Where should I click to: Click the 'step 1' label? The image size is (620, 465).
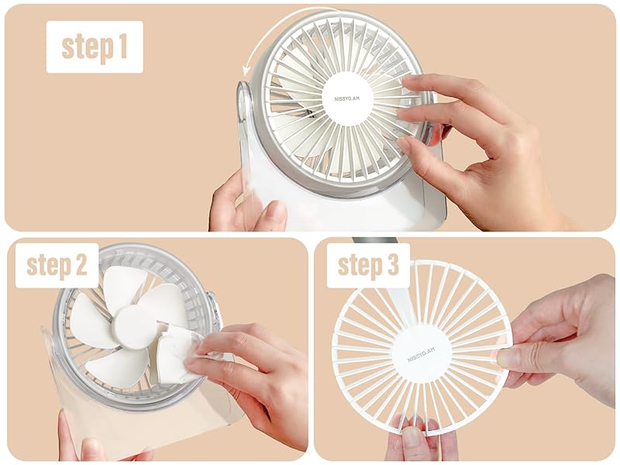coord(95,46)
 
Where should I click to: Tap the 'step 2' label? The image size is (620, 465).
coord(57,265)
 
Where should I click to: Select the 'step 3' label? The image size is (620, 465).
coord(368,265)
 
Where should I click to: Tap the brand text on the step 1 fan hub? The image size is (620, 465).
coord(346,98)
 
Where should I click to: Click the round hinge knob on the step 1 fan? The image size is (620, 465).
coord(245,101)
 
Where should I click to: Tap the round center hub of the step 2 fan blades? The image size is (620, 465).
coord(133,326)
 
